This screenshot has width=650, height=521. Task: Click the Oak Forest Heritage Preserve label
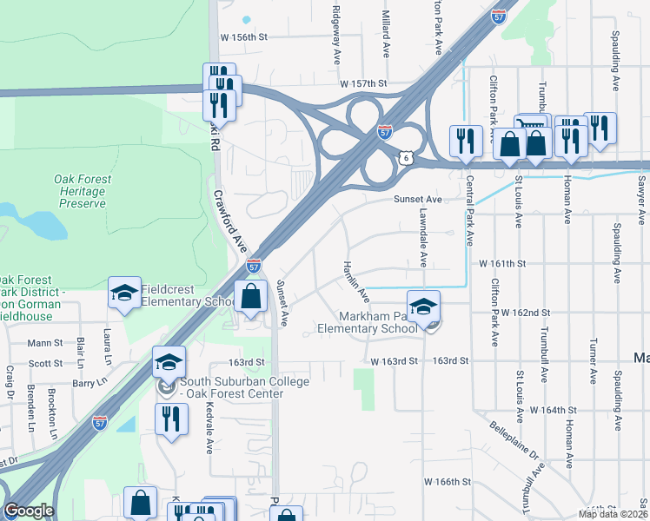click(x=83, y=191)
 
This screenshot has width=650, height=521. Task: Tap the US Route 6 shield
click(x=405, y=157)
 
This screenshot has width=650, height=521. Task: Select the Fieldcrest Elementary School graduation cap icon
click(x=124, y=293)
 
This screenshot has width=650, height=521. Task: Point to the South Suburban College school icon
click(x=169, y=362)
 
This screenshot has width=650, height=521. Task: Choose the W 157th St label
click(x=363, y=83)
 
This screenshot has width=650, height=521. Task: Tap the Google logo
click(x=30, y=511)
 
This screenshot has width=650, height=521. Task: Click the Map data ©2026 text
click(x=613, y=514)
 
